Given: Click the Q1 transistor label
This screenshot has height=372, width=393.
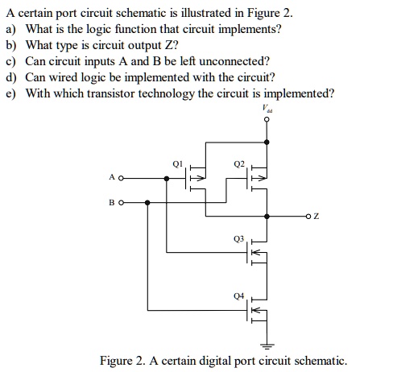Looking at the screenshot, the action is tap(177, 163).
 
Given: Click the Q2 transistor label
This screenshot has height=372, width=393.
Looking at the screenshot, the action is tap(239, 163).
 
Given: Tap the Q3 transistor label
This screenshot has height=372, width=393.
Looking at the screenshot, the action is tap(238, 238).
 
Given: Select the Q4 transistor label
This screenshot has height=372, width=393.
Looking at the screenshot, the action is tap(238, 296).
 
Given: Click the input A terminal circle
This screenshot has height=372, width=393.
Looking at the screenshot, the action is tap(121, 178).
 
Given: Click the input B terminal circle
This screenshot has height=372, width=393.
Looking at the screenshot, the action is tap(121, 203).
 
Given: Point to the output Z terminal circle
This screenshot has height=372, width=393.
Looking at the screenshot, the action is tap(308, 216).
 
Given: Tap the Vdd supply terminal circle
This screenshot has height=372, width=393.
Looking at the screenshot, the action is tap(267, 119).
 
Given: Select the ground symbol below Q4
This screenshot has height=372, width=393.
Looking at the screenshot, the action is tap(267, 346).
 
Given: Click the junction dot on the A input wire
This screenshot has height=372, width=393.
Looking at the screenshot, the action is tap(167, 178).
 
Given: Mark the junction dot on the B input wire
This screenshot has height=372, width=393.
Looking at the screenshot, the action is tap(147, 203).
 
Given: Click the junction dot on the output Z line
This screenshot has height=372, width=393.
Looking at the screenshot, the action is tap(267, 216).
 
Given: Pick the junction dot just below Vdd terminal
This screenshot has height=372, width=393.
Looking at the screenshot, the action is tap(267, 143).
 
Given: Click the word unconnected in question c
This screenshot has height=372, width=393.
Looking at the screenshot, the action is tap(234, 61).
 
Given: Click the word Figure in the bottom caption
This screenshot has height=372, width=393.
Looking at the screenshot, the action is tap(116, 361).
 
